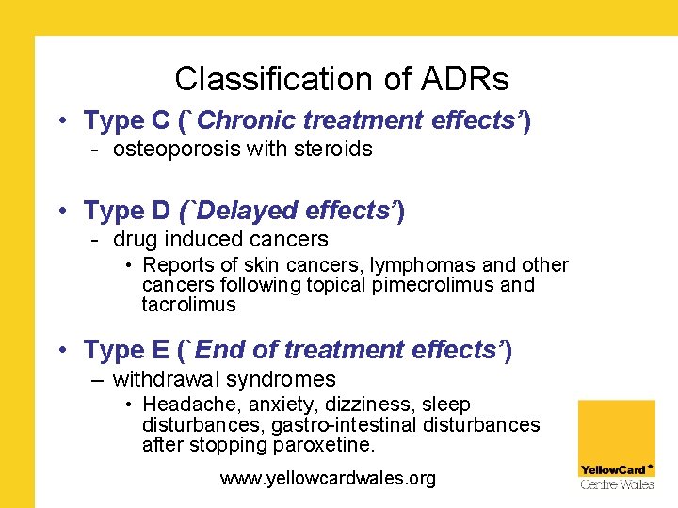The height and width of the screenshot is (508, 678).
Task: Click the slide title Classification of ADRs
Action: click(x=342, y=78)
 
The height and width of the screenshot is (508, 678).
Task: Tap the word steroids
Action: click(x=333, y=149)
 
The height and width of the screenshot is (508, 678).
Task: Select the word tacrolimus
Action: click(x=188, y=305)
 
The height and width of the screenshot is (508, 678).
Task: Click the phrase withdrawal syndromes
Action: click(x=224, y=380)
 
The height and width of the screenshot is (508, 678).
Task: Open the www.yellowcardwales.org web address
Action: click(x=328, y=479)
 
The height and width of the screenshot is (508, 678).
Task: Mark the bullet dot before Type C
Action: click(x=60, y=121)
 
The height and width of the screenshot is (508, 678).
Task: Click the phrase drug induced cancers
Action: click(x=220, y=240)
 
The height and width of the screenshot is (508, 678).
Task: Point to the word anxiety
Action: click(x=269, y=405)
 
